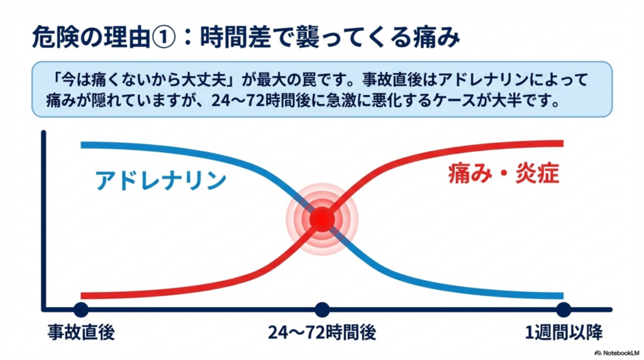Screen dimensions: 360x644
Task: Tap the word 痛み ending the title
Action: coord(440,38)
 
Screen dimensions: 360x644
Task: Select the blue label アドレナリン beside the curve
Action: coord(160,181)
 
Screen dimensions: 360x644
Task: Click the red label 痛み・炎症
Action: coord(503,174)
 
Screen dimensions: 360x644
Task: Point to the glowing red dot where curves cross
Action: coord(322,219)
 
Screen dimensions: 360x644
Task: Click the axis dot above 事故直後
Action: coord(81,309)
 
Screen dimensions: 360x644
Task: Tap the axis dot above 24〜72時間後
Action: coord(322,309)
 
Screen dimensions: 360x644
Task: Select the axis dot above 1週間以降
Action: coord(563,309)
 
